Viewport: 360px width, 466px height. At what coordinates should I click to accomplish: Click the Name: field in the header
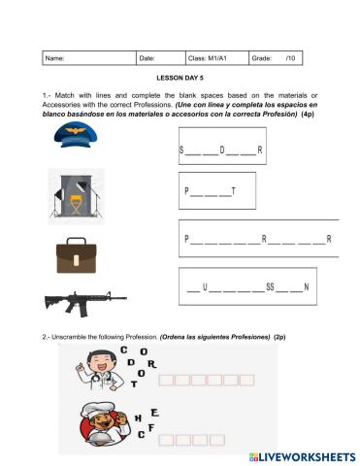pos(89,58)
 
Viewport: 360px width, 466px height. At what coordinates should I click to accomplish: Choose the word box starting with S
pos(223,150)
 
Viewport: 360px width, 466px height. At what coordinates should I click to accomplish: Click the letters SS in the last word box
pos(276,287)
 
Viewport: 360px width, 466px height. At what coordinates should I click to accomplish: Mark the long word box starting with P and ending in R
pos(258,238)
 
